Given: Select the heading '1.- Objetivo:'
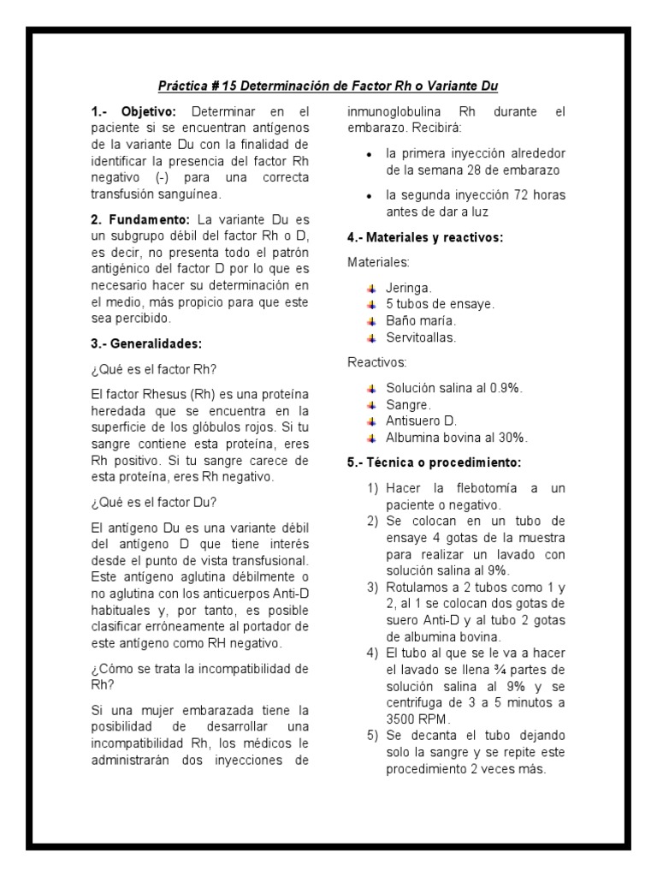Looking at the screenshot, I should pos(133,112).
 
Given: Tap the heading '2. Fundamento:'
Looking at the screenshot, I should pos(140,220).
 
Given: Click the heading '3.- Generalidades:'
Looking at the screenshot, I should pos(145,343).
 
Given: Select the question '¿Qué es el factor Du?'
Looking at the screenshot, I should pos(154,503).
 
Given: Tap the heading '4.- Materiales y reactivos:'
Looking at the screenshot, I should pos(424,237).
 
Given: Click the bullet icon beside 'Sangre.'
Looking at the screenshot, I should pos(370,404).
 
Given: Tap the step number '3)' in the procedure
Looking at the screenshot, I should pos(373,587).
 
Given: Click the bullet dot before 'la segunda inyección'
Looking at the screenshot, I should pos(369,195).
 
